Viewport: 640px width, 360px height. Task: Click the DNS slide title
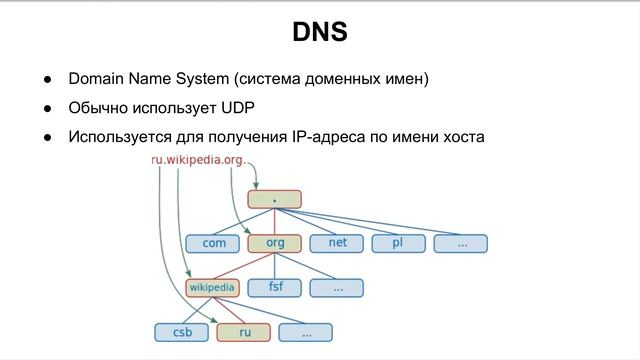(x=320, y=32)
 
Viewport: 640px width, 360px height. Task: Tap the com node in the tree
(x=213, y=243)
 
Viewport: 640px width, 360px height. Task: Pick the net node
(x=336, y=243)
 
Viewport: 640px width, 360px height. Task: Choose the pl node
(x=398, y=243)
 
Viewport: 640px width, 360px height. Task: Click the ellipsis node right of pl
(x=460, y=243)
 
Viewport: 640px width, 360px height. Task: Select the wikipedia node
(x=212, y=288)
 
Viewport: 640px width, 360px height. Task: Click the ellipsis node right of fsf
(x=336, y=288)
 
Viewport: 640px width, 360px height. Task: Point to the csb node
(x=181, y=332)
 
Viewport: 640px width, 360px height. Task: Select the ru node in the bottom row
(x=243, y=332)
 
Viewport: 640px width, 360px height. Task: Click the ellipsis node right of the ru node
(x=305, y=332)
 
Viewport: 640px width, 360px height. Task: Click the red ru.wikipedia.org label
(x=197, y=160)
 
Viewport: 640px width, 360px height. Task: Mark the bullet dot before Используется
(x=47, y=137)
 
